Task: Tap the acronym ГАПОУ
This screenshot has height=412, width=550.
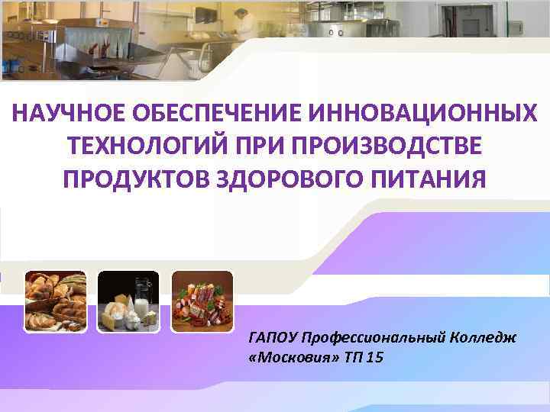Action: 273,336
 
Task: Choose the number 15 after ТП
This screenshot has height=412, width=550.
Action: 374,357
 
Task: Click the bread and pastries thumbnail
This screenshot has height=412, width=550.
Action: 56,301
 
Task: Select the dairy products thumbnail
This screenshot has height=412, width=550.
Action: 129,301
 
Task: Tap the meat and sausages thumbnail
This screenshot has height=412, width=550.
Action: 202,301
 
